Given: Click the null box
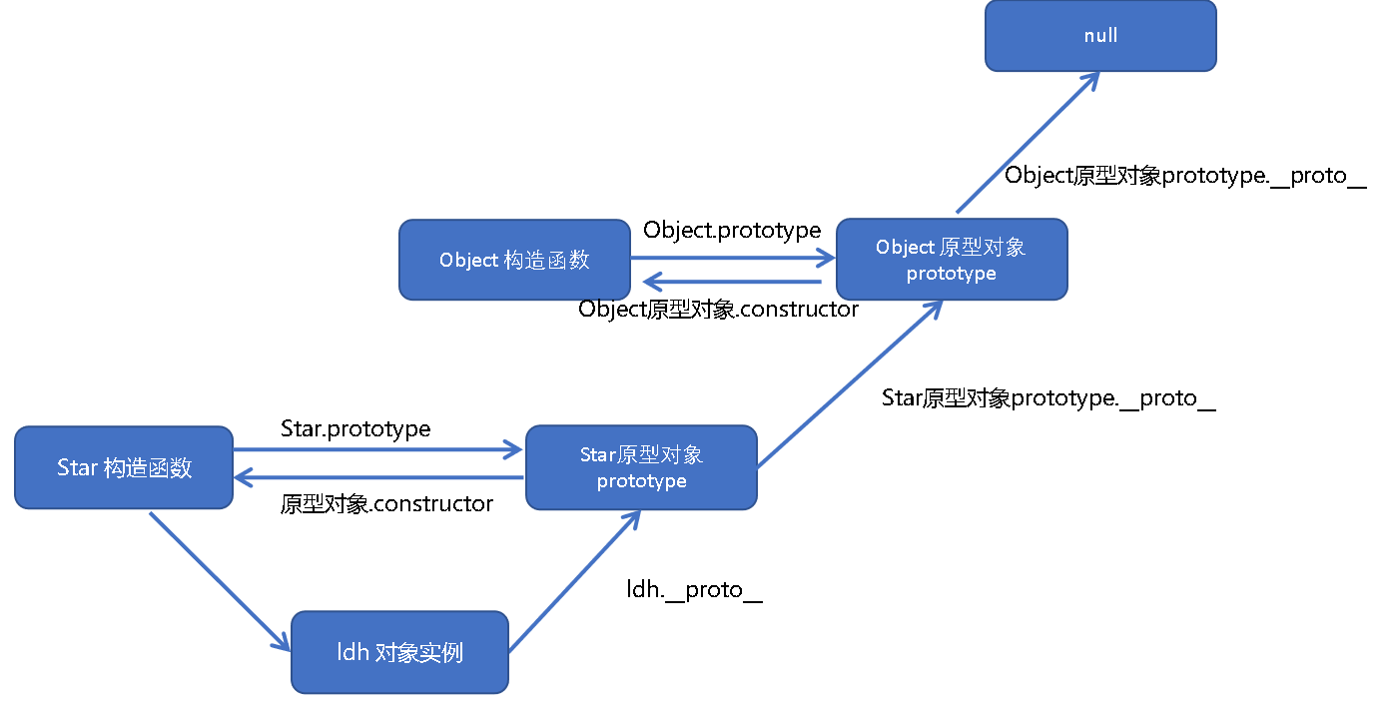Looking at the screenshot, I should (1100, 36).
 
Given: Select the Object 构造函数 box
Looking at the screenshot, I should (514, 261).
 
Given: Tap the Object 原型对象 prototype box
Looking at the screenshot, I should (952, 260).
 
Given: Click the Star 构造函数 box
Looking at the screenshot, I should (124, 467).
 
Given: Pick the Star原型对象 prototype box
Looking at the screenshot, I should (641, 467).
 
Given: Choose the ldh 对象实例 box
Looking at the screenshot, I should (399, 653).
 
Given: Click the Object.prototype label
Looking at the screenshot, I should (732, 231).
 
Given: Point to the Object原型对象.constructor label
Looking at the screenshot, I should (718, 310).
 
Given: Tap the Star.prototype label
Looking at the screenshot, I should (355, 428).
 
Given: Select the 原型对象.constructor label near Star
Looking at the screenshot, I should (386, 504).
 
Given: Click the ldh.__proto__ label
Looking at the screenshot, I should (694, 590).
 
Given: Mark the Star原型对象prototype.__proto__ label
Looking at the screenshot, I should (1048, 398).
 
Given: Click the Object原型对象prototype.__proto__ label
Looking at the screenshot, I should (1184, 175).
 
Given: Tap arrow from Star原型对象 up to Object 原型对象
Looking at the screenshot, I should (849, 383).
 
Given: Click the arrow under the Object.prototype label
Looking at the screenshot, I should (734, 260).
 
